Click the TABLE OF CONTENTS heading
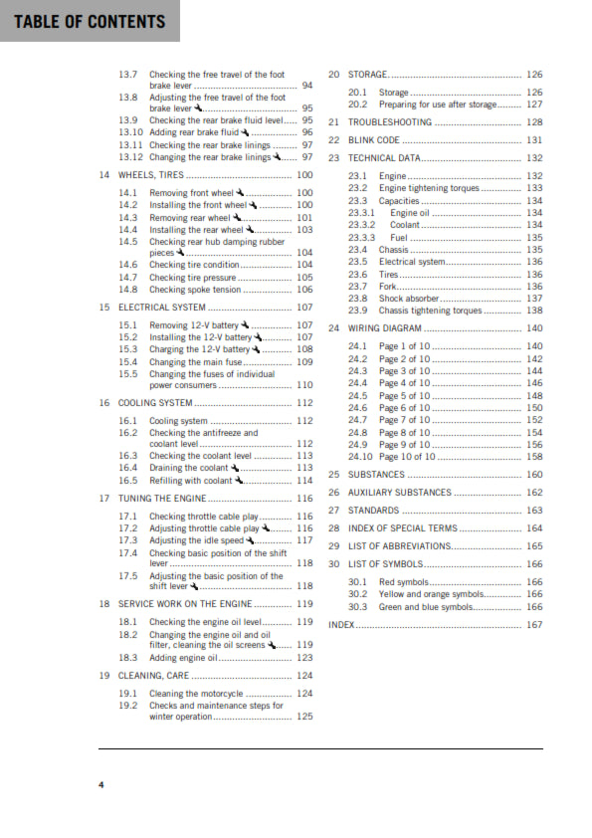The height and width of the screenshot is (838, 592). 89,21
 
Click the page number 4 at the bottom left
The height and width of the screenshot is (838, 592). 100,786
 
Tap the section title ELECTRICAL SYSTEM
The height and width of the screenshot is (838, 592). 162,308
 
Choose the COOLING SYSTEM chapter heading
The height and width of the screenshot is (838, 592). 155,403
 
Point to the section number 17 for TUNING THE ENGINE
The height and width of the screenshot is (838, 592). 104,498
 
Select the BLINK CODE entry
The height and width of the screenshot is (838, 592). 373,140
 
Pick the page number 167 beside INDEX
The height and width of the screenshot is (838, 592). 534,625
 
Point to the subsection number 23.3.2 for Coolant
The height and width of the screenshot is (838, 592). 362,225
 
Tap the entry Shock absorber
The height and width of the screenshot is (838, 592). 408,299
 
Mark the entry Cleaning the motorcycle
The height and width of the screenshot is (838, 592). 196,693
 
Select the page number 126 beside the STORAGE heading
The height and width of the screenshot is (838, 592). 534,75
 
